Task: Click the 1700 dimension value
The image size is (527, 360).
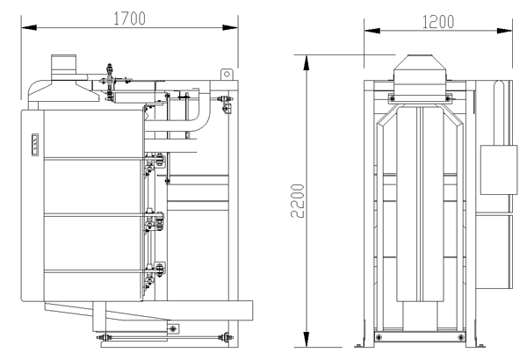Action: [x=129, y=18]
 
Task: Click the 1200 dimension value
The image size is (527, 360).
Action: [x=438, y=22]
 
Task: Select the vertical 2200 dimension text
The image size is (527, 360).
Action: [x=298, y=201]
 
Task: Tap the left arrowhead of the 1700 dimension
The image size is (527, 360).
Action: [x=29, y=27]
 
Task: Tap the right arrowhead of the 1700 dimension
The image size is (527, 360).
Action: [x=230, y=27]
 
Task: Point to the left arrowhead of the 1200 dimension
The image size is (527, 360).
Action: [x=372, y=31]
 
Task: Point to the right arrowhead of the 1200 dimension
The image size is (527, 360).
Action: [x=504, y=31]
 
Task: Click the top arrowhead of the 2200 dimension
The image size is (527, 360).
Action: [x=307, y=63]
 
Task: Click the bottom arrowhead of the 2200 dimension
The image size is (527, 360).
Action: [x=307, y=339]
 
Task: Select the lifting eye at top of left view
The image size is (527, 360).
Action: [x=227, y=75]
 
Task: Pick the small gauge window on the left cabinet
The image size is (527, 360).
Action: [x=35, y=145]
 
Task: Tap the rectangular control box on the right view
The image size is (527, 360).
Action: [x=499, y=169]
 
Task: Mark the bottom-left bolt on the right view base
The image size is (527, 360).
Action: [x=379, y=337]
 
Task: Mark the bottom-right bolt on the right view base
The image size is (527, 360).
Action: [x=461, y=337]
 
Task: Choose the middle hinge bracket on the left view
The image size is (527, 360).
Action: [x=155, y=220]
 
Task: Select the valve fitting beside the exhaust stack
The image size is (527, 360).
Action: [x=109, y=81]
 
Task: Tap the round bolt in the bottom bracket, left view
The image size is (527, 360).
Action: [x=173, y=328]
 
